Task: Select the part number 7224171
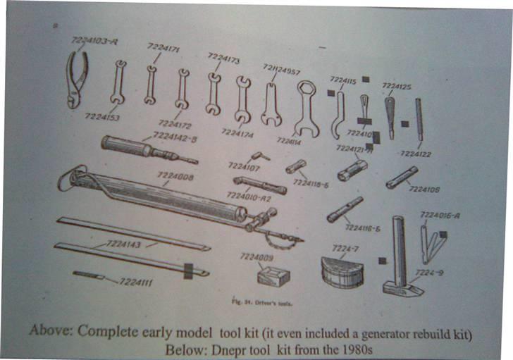tap(163, 48)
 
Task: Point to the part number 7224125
tap(397, 86)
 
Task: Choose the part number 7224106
tap(424, 189)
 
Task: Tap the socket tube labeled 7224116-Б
tap(345, 209)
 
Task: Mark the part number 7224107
tap(245, 168)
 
